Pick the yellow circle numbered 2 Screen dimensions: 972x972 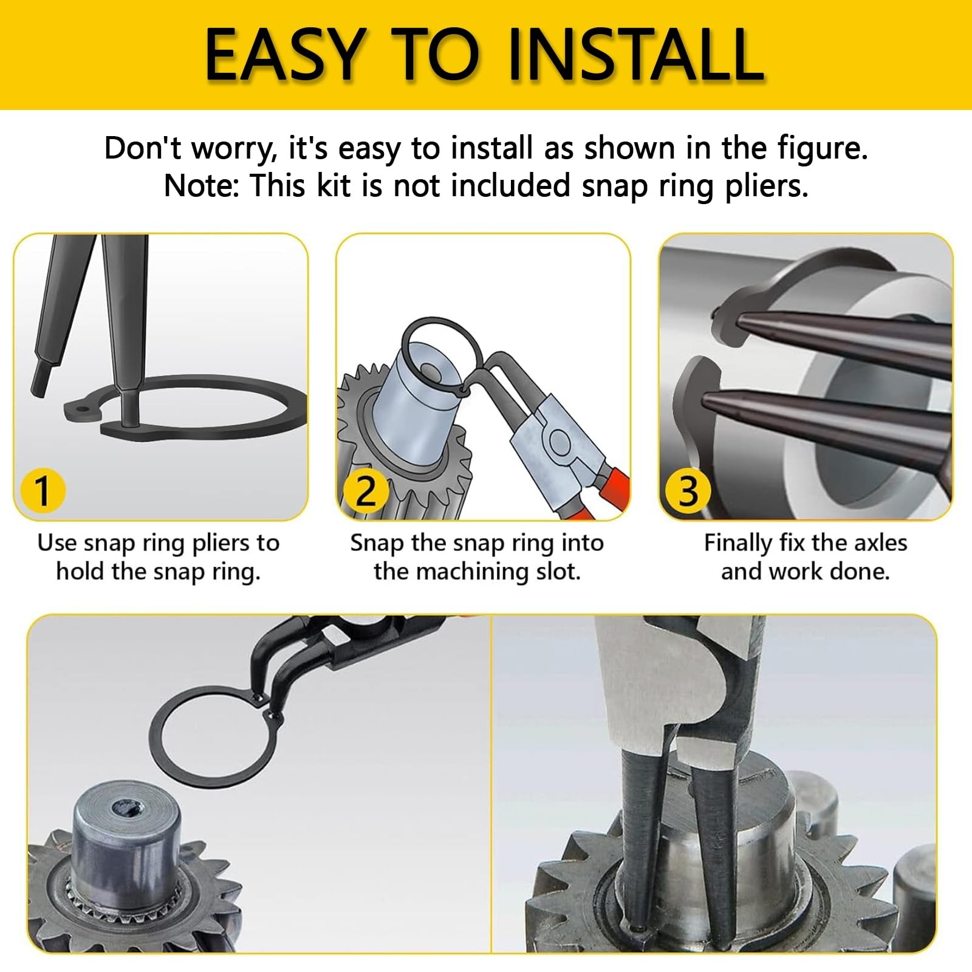365,491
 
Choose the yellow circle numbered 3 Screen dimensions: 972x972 688,491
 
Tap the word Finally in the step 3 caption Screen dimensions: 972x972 738,543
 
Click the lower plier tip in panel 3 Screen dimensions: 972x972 707,399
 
